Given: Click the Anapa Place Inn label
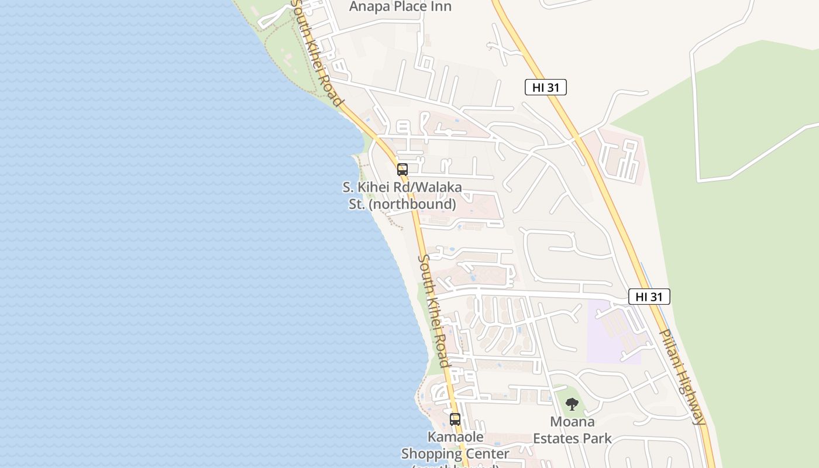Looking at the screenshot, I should [x=400, y=6].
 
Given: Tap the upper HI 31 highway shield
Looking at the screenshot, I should [x=545, y=88].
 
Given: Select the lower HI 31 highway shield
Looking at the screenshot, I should [x=649, y=297].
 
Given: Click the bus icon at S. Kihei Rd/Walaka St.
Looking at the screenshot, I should [x=402, y=170].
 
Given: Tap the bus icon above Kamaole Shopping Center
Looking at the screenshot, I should [x=455, y=419].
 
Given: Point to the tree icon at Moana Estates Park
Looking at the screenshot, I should [x=572, y=404].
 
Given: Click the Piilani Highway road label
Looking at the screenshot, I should [x=682, y=377].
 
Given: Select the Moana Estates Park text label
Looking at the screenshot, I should [x=572, y=430].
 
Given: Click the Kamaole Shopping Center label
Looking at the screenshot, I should [x=455, y=446].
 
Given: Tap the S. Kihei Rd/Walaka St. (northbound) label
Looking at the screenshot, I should [x=402, y=196].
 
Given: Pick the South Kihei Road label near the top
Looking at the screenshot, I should [x=316, y=53].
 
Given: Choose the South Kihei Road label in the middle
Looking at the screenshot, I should [x=435, y=310].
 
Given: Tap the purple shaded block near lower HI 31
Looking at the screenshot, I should [x=614, y=333].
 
